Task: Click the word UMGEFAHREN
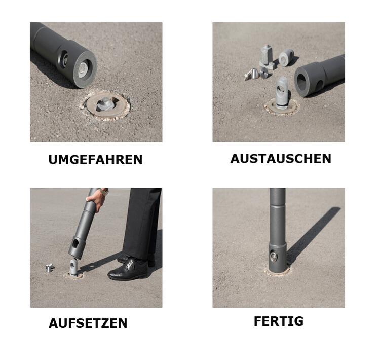pyautogui.click(x=95, y=160)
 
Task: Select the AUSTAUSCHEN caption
pyautogui.click(x=281, y=159)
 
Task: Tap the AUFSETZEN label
pyautogui.click(x=88, y=323)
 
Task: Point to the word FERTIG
pyautogui.click(x=278, y=321)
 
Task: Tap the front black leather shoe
pyautogui.click(x=128, y=269)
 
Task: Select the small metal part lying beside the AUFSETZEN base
pyautogui.click(x=49, y=267)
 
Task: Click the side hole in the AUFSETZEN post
pyautogui.click(x=75, y=243)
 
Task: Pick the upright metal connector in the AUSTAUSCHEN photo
pyautogui.click(x=282, y=94)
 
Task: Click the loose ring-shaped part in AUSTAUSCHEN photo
pyautogui.click(x=286, y=57)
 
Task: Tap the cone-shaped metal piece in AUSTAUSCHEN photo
pyautogui.click(x=251, y=74)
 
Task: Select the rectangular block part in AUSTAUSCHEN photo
pyautogui.click(x=267, y=54)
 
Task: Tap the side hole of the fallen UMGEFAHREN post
pyautogui.click(x=63, y=58)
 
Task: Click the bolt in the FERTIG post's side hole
pyautogui.click(x=274, y=256)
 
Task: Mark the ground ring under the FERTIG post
pyautogui.click(x=277, y=271)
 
